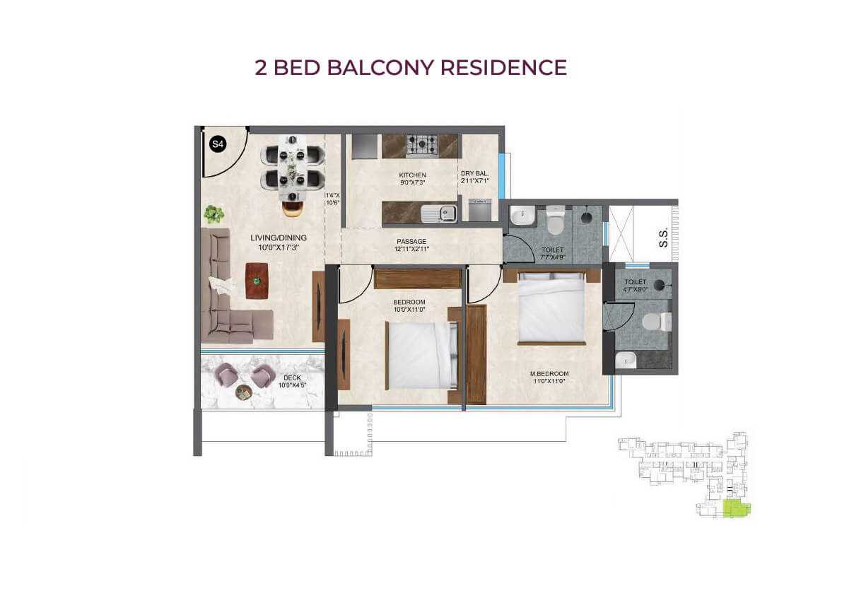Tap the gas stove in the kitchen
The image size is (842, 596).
[423, 146]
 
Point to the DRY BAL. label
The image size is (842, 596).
[475, 173]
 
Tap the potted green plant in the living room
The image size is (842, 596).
[214, 214]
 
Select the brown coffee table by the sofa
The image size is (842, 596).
[257, 281]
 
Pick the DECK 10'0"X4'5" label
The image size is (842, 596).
[291, 382]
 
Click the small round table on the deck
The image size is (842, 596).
[242, 393]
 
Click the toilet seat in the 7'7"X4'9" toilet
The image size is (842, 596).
[556, 221]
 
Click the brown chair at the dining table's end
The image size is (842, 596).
[291, 207]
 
